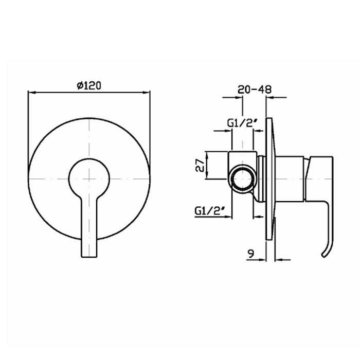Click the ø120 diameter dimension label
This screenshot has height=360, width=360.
89,86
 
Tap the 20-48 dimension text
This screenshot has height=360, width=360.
255,89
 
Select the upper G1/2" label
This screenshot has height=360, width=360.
242,123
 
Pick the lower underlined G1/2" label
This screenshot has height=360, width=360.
209,211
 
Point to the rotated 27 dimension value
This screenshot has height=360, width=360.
200,165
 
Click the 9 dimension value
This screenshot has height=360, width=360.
251,254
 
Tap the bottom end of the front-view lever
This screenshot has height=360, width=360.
89,257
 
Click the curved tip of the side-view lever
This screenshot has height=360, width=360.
323,255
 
